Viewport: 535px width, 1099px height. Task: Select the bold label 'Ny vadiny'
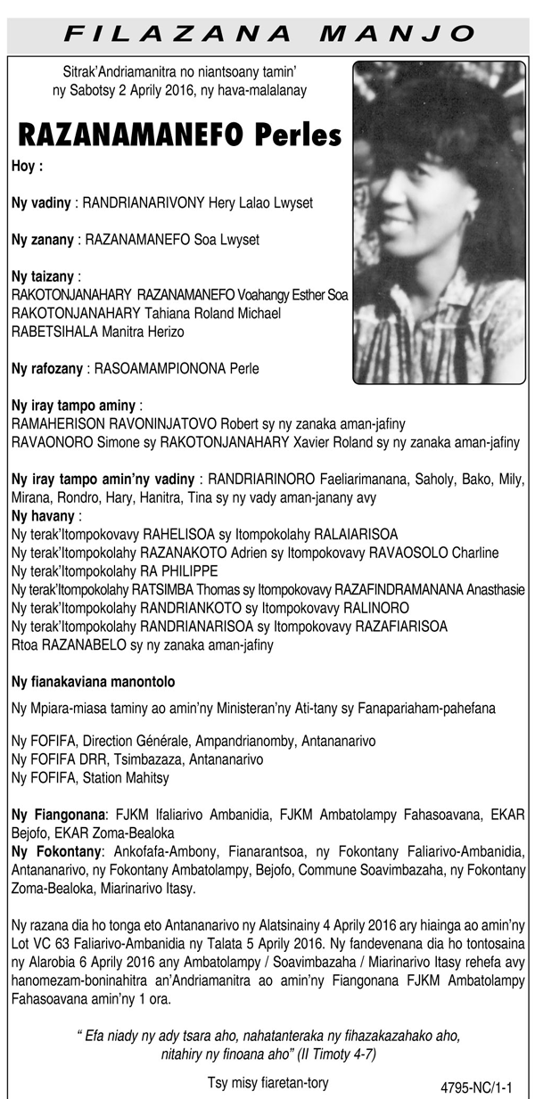click(x=41, y=203)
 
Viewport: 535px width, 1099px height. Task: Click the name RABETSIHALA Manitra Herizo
click(x=98, y=332)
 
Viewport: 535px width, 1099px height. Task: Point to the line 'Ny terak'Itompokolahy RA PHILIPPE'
click(x=115, y=571)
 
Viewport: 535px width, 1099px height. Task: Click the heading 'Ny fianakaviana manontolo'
click(x=93, y=682)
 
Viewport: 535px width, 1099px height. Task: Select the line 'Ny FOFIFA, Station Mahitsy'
click(x=90, y=778)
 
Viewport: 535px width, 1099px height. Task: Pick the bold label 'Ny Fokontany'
click(x=55, y=852)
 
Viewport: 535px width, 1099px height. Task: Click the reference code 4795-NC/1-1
click(x=482, y=1088)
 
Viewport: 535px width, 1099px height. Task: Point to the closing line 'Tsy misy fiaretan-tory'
click(x=267, y=1083)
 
